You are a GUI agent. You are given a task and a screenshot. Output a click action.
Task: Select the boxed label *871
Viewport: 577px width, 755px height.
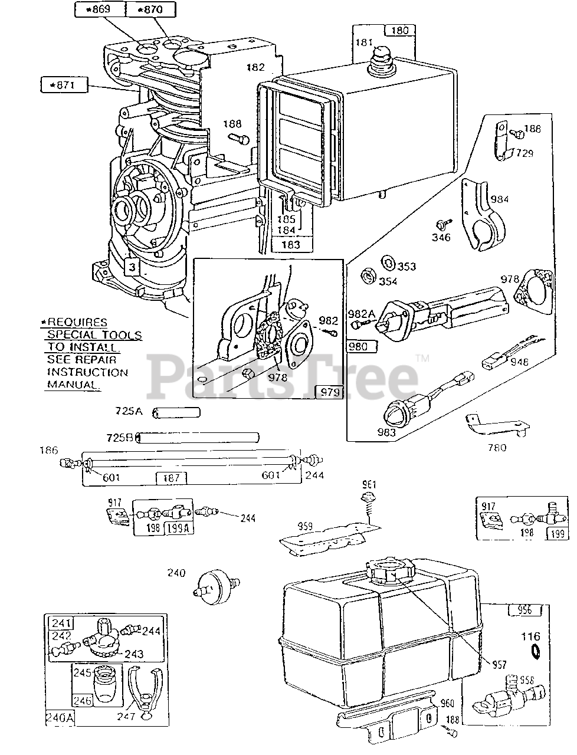[64, 85]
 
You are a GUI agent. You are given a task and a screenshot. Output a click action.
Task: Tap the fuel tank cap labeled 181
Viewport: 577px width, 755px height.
[378, 59]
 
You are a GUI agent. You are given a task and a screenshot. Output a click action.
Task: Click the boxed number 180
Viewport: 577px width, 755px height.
[399, 31]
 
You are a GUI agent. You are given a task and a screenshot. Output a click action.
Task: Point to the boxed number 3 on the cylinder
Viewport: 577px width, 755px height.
[133, 268]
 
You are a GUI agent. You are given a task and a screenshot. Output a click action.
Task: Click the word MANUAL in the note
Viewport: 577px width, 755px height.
[73, 385]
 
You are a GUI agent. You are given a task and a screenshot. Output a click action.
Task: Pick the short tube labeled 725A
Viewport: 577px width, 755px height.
[176, 412]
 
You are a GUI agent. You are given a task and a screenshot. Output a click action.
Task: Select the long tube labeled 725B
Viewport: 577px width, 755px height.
[198, 438]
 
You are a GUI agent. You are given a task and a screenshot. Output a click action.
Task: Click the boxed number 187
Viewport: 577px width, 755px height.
[171, 477]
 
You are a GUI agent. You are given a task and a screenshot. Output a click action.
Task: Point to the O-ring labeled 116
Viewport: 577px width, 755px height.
[536, 651]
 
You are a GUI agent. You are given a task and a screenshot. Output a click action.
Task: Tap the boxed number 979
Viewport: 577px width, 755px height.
[330, 392]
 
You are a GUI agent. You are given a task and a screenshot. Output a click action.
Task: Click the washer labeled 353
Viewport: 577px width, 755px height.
[388, 261]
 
